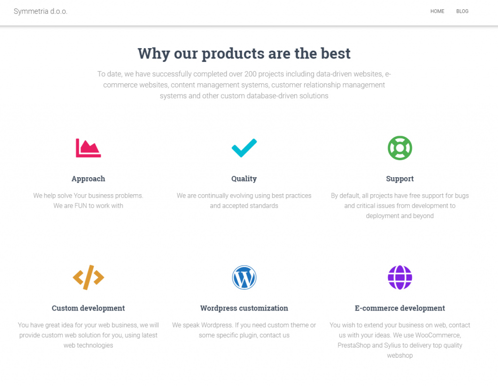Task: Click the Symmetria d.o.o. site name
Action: coord(41,12)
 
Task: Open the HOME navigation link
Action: coord(437,12)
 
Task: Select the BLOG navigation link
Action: coord(462,12)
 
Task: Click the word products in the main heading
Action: coord(233,54)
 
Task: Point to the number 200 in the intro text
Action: coord(250,74)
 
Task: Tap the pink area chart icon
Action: coord(89,148)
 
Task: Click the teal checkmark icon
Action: coord(244,148)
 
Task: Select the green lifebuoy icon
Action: coord(400,148)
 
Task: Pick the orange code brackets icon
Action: coord(89,277)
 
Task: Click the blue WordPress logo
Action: coord(244,277)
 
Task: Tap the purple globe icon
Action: coord(400,277)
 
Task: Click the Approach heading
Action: coord(89,179)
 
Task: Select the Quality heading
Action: coord(244,179)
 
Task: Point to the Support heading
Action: coord(400,179)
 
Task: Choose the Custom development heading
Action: coord(89,308)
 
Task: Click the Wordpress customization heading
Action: coord(244,308)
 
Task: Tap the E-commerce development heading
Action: coord(400,308)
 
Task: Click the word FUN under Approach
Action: coord(81,206)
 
